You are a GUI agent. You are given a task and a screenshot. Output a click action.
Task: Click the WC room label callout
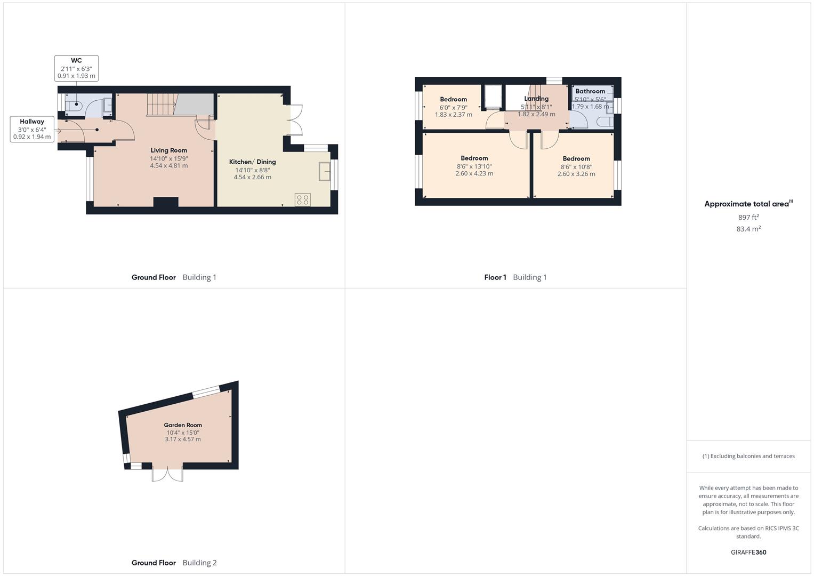[76, 68]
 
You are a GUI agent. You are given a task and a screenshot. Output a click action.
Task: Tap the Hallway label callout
[32, 129]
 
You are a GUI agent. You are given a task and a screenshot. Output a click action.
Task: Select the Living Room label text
[168, 150]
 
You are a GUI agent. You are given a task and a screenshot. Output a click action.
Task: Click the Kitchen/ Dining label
[252, 162]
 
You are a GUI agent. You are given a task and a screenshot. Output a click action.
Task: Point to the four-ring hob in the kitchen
[303, 200]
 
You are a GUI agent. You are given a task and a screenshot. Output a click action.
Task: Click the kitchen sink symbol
[324, 172]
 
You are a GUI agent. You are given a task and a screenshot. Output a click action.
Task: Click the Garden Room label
[183, 425]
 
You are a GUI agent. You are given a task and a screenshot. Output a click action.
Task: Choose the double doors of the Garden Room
[167, 474]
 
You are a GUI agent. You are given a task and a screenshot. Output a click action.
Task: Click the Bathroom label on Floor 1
[590, 91]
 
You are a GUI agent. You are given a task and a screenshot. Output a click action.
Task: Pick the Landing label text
[536, 99]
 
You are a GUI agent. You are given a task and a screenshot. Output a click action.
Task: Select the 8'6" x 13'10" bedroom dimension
[474, 166]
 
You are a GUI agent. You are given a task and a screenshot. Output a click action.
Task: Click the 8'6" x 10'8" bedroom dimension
[576, 166]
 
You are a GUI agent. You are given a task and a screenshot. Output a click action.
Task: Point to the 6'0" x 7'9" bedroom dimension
[453, 107]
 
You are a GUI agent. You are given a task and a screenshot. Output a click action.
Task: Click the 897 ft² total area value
[748, 217]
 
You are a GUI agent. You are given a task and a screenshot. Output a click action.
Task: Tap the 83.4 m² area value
[748, 229]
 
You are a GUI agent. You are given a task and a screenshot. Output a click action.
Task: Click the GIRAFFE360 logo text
[748, 552]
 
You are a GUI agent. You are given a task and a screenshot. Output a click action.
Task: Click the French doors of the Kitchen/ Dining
[293, 121]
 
